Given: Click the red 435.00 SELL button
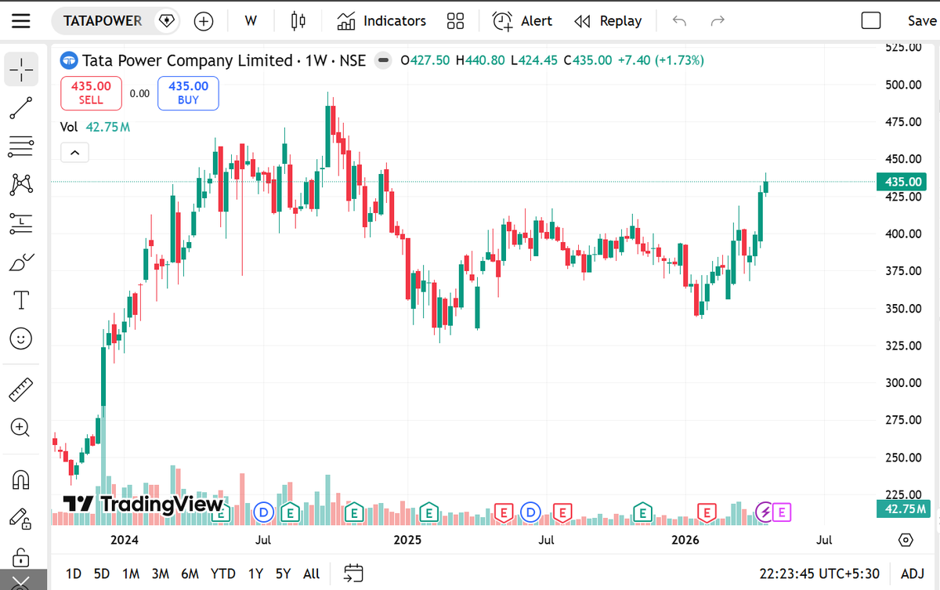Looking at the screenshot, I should [91, 92].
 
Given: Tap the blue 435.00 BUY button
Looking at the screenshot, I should [188, 92].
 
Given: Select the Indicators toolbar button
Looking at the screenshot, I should [381, 21].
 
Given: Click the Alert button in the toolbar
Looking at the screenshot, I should [522, 21].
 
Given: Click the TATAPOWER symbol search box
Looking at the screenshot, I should [103, 21].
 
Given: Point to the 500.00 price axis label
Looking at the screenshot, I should [903, 85].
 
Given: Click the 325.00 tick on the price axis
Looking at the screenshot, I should [903, 346].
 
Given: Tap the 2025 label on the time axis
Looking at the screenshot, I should [407, 540].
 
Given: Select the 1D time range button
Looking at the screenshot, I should [74, 574].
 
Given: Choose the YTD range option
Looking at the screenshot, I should [222, 574].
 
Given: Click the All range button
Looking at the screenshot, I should [311, 574].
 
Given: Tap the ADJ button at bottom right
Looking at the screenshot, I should [912, 574].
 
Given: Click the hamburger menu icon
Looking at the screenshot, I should [21, 21].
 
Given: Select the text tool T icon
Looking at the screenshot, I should [21, 299].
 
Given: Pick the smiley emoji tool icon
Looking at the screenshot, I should [21, 338].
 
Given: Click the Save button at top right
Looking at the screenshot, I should [921, 21].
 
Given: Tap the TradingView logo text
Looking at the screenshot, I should [144, 504].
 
